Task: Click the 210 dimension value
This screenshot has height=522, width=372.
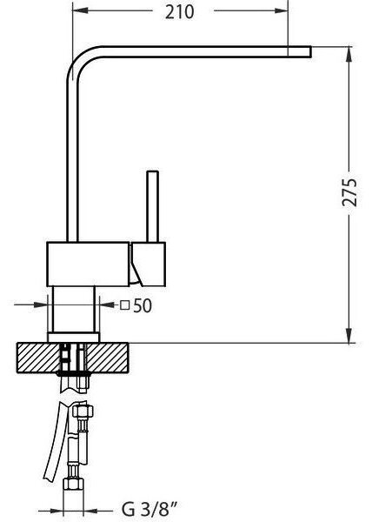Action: point(180,12)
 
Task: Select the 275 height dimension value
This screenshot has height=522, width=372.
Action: point(349,192)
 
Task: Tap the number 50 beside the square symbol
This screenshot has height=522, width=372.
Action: point(143,305)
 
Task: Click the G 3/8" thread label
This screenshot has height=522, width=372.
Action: point(149,510)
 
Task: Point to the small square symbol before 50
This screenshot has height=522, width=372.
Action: point(124,305)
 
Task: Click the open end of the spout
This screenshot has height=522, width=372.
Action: point(310,51)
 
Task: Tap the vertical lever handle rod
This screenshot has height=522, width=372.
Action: point(152,206)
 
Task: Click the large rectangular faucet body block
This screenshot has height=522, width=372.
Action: point(88,264)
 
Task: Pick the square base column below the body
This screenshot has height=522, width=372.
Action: point(74,309)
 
